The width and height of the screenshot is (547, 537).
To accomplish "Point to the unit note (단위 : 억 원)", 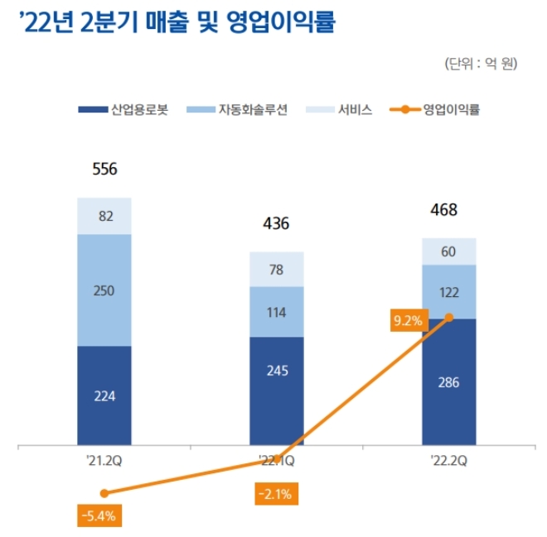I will tap(481, 64).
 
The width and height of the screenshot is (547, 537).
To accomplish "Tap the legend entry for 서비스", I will tap(341, 109).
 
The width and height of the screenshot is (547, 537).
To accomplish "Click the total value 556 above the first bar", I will tap(104, 170).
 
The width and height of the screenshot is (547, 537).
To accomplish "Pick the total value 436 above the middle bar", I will tap(277, 224).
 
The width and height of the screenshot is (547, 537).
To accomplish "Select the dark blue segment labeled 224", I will tap(104, 396).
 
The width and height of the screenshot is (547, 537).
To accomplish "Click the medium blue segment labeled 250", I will tap(104, 290).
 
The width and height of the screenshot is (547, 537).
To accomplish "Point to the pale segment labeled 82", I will tap(104, 217).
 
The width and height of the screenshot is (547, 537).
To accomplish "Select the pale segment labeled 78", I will tap(277, 270).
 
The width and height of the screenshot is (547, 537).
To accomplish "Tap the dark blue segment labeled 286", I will tap(449, 382).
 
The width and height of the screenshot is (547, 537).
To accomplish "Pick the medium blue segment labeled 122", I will tap(449, 292).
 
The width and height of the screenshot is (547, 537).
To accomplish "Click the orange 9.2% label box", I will tap(407, 319).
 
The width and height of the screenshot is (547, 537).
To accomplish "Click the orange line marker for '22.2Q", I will tap(449, 317).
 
